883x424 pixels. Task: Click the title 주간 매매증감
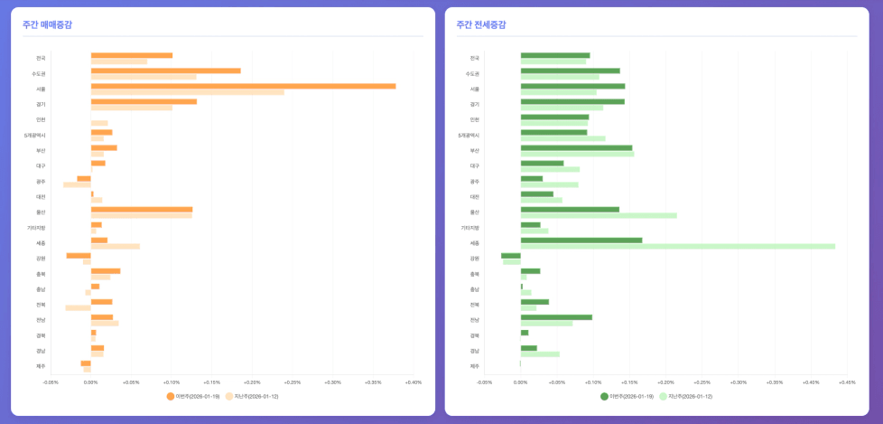[47, 24]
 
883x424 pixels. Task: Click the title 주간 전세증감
[481, 24]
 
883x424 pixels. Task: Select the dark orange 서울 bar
[243, 86]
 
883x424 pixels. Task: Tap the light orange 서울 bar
[187, 92]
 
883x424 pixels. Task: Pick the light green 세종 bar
[677, 246]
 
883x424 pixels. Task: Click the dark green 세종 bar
[581, 240]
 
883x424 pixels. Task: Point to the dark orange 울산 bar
[141, 209]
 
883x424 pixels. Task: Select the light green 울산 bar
[598, 215]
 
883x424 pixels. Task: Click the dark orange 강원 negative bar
[79, 255]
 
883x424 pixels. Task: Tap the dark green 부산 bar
[576, 147]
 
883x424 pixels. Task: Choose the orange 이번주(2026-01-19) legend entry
[193, 396]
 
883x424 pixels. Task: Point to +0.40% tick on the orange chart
[413, 382]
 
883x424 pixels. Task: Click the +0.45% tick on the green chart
[846, 382]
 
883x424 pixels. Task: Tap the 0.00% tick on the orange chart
[90, 382]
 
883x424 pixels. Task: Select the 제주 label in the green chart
[474, 366]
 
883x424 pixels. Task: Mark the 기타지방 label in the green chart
[470, 228]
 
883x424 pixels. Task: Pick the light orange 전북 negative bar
[78, 307]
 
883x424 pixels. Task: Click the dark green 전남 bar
[556, 316]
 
